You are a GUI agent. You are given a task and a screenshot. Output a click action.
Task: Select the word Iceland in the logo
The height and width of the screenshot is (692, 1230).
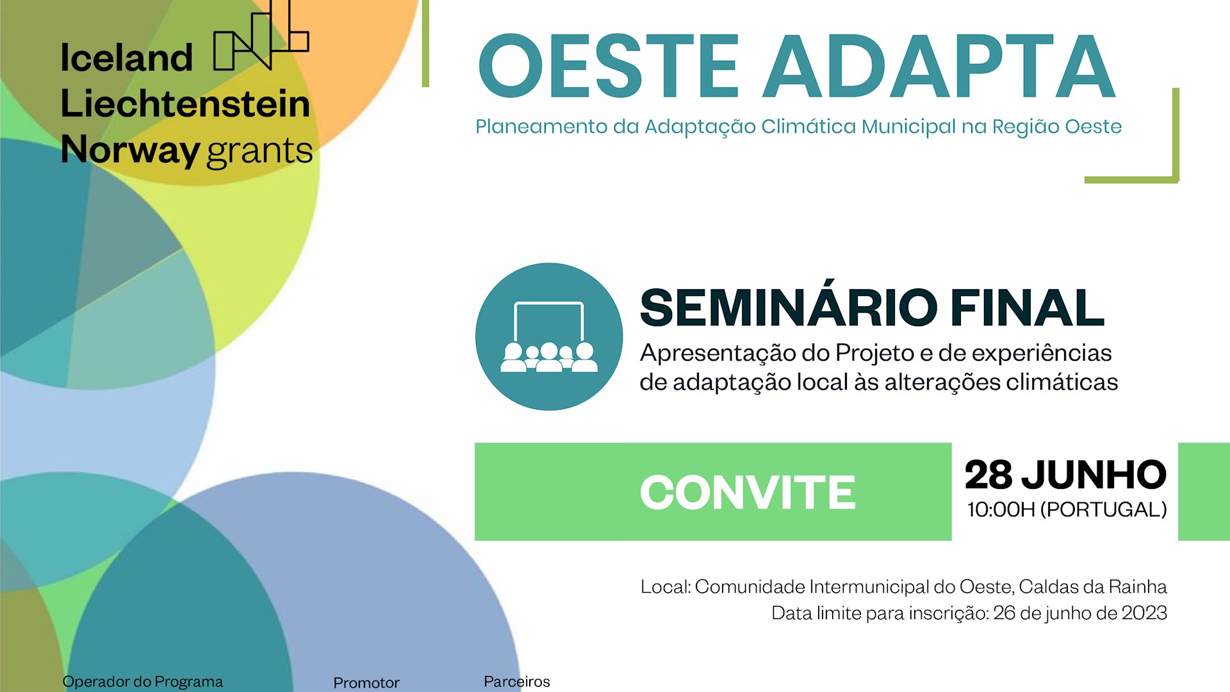pos(126,58)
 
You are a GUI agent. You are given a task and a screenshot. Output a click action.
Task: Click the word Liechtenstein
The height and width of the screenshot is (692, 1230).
pos(185,104)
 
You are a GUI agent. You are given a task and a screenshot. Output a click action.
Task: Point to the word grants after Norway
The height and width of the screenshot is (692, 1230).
pos(259,151)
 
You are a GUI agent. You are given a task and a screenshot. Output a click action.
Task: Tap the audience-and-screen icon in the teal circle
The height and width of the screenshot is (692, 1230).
pos(549,337)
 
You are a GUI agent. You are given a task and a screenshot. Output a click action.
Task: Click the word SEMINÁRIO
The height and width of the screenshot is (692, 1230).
pos(789,308)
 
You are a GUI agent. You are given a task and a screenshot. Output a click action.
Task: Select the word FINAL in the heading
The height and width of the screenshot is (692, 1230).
pos(1028,308)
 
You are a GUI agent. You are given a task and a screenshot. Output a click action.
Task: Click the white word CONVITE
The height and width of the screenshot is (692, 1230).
pos(748,492)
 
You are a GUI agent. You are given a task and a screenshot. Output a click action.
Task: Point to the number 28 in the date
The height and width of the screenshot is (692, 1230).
pos(988,475)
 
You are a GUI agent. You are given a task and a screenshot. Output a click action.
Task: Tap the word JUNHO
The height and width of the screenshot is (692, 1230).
pos(1094,475)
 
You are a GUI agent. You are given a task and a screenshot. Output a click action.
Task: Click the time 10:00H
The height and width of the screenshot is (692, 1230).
pos(1001,510)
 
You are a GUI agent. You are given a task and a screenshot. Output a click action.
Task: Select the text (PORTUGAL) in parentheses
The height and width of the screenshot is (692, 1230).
pos(1103,510)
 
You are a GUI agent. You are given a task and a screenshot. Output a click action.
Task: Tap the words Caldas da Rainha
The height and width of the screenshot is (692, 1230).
pos(1092,587)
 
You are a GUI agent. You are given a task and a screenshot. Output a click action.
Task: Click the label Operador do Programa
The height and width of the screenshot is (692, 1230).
pos(142,682)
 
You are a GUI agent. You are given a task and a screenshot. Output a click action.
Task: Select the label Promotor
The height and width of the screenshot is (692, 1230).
pos(366,683)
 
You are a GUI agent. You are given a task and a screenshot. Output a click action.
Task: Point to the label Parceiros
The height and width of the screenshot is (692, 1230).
pos(516,682)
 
